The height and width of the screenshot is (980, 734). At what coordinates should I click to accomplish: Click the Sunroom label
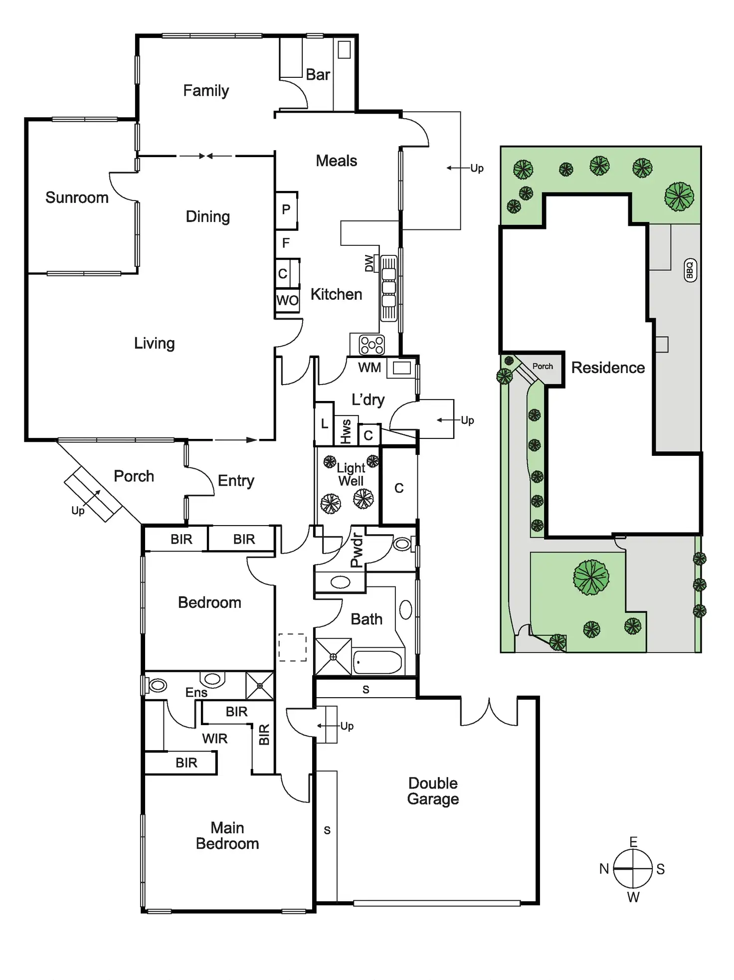click(77, 197)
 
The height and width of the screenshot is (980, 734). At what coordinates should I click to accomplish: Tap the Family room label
click(206, 91)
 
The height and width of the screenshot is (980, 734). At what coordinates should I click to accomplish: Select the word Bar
click(318, 75)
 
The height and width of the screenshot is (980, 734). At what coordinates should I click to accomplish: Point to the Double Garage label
click(433, 791)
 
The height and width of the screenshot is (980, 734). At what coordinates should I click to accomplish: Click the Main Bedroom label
click(227, 836)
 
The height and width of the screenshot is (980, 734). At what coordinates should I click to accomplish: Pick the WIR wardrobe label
click(215, 739)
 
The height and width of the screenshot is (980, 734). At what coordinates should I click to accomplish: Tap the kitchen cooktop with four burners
click(372, 345)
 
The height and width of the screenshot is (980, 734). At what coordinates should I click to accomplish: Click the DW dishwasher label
click(369, 263)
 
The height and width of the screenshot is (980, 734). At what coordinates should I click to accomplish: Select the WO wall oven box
click(287, 300)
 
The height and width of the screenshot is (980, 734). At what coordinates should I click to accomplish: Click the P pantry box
click(286, 210)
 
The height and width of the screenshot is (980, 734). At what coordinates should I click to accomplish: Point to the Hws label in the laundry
click(346, 431)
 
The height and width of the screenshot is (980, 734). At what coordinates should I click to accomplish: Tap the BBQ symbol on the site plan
click(690, 270)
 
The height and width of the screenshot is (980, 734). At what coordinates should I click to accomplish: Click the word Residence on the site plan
click(608, 368)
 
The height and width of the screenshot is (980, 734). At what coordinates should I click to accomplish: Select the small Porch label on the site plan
click(543, 366)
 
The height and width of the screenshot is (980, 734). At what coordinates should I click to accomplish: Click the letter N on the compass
click(604, 869)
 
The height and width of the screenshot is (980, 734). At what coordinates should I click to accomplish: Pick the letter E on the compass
click(633, 842)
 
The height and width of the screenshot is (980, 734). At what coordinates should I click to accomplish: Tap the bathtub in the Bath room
click(377, 662)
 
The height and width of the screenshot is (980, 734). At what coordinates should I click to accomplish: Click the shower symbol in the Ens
click(260, 686)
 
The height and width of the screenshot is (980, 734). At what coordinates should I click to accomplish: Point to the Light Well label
click(351, 474)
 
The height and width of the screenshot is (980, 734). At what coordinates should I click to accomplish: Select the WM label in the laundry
click(369, 368)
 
